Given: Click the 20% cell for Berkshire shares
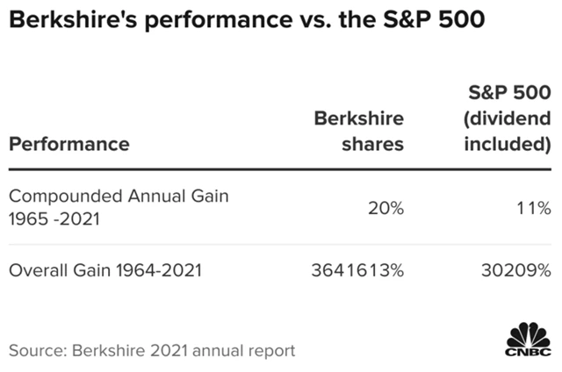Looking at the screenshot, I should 385,208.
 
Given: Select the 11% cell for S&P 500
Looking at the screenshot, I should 532,208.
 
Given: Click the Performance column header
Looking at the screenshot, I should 69,143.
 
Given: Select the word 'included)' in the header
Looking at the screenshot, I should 508,143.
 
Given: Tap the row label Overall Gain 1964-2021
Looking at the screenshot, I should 105,271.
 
